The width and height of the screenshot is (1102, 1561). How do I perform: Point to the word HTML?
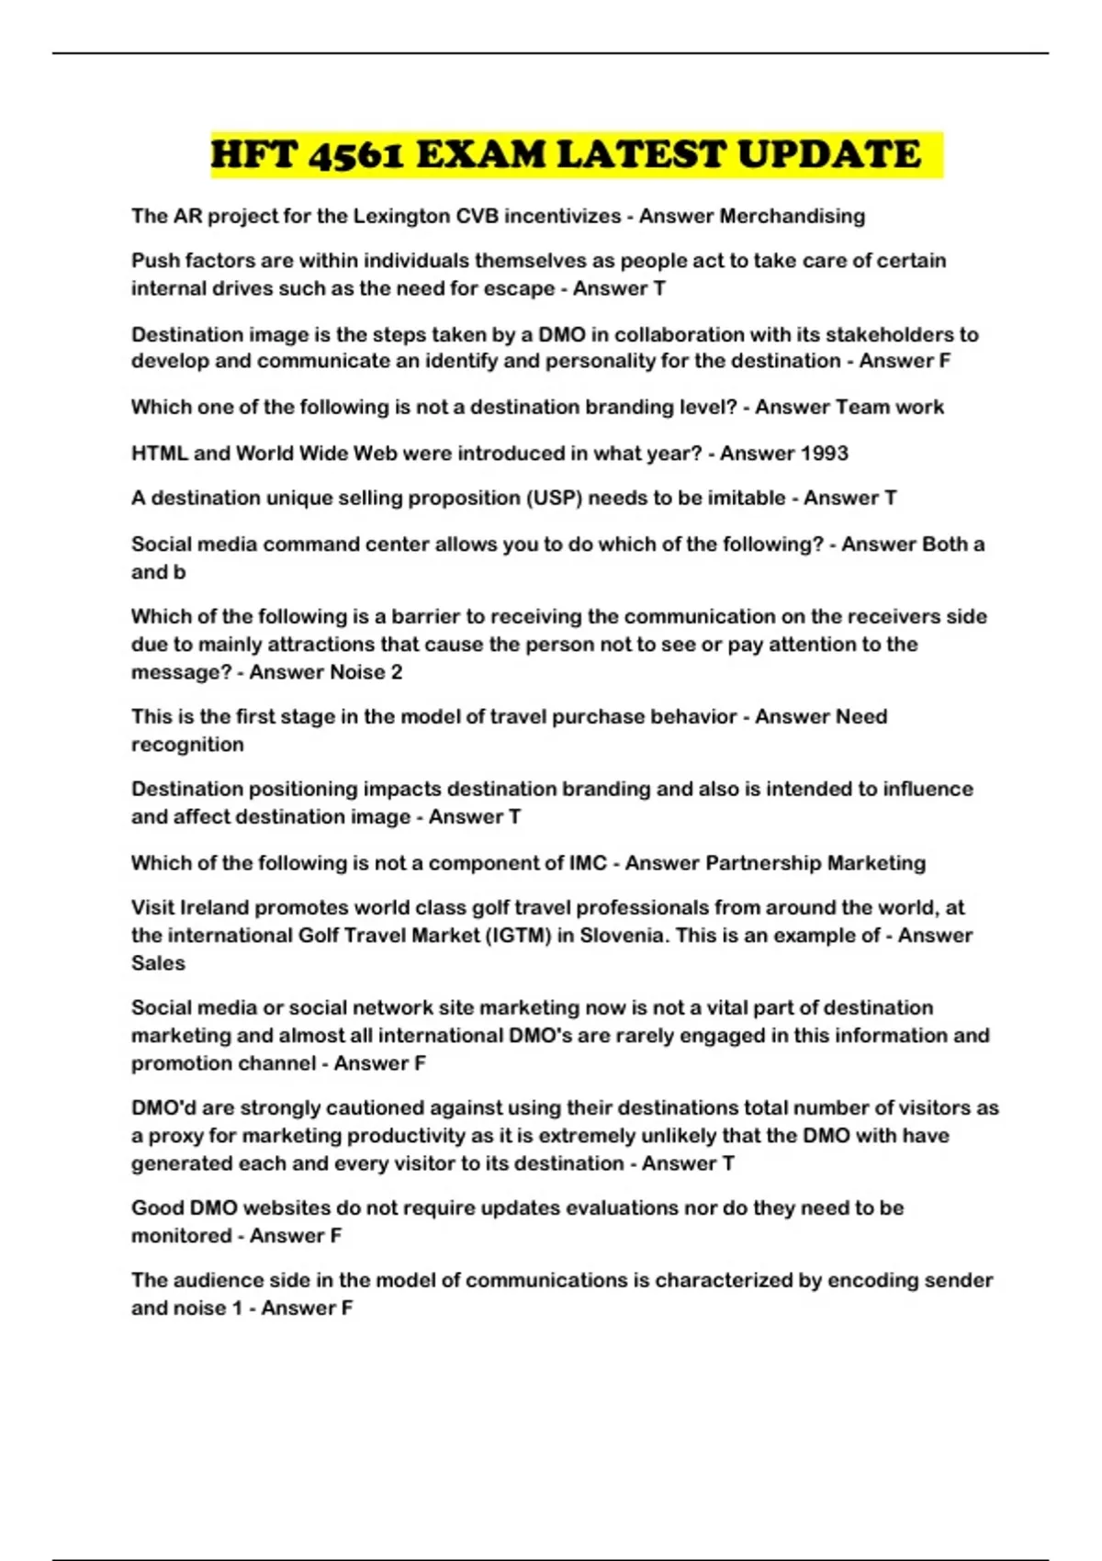click(159, 453)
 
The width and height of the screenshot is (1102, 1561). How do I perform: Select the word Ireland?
click(214, 907)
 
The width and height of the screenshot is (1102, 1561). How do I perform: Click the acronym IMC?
click(588, 862)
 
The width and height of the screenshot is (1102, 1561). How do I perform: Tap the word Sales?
click(158, 963)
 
